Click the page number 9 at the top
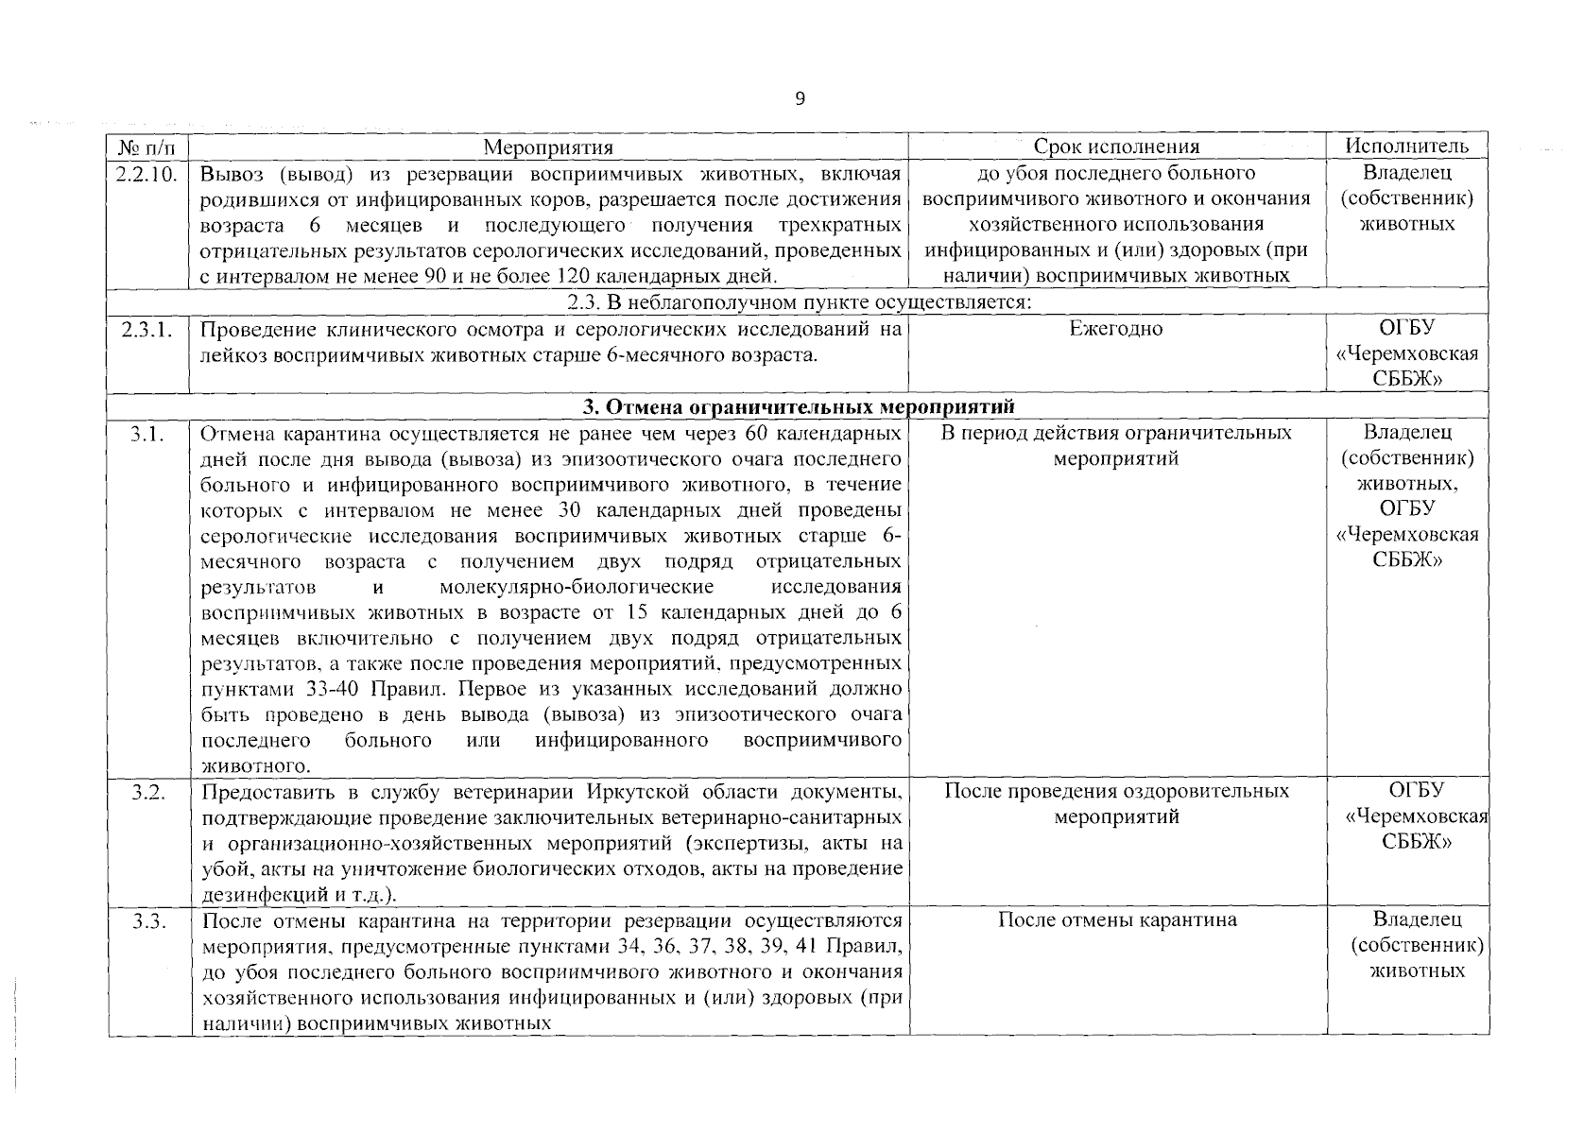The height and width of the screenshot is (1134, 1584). tap(800, 99)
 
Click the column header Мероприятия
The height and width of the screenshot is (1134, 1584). tap(548, 146)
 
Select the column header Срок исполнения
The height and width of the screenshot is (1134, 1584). tap(1116, 146)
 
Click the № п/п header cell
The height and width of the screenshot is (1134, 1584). tap(148, 146)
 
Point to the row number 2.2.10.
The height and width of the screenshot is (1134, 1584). tap(148, 173)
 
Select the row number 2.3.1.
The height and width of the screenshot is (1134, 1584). tap(148, 329)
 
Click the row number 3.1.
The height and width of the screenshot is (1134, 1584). tap(148, 434)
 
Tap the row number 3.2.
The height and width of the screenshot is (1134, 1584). tap(148, 791)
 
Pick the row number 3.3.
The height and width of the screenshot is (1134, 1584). tap(148, 920)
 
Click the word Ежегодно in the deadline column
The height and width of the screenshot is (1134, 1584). tap(1116, 329)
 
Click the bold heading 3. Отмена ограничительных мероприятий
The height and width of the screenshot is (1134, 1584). tap(799, 407)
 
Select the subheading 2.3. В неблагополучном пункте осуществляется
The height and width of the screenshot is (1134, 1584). tap(799, 302)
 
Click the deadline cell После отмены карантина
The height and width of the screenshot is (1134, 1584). tap(1116, 920)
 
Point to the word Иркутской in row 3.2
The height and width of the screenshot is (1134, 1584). tap(623, 791)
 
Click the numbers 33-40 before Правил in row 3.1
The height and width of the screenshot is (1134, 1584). tap(337, 689)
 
